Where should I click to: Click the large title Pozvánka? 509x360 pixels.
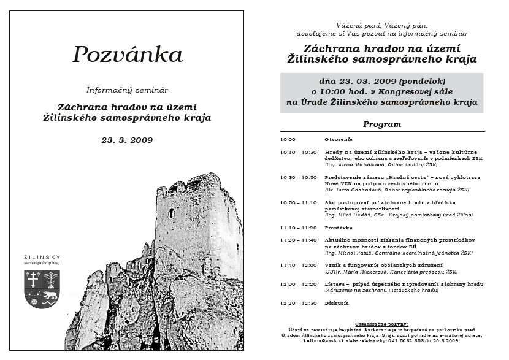tap(128, 55)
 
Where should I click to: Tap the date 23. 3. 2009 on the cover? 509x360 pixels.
tap(128, 140)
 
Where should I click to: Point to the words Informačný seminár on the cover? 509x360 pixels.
tap(127, 90)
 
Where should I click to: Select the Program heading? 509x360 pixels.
tap(381, 124)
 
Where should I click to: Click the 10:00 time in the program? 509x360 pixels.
tap(288, 139)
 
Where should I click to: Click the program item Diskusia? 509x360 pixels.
tap(338, 303)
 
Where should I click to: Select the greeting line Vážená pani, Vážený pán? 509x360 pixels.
tap(381, 25)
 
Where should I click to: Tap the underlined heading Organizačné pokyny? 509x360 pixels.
tap(381, 323)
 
